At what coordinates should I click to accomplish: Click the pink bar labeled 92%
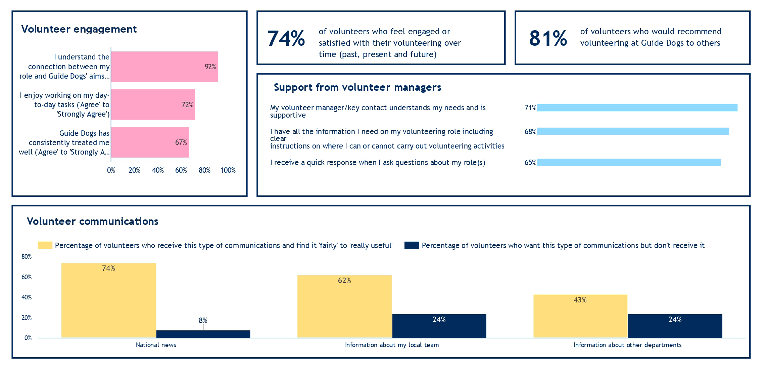click(164, 67)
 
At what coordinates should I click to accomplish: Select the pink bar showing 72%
click(153, 105)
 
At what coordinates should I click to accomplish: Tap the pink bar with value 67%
click(150, 142)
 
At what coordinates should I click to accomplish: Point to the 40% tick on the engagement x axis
click(158, 170)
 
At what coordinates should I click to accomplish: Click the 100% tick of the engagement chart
click(228, 170)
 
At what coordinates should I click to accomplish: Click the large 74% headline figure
click(286, 38)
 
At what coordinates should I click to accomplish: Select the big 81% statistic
click(548, 38)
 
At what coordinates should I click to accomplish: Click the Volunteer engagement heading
click(79, 29)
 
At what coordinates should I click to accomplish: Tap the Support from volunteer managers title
click(357, 87)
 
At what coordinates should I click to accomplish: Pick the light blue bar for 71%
click(637, 108)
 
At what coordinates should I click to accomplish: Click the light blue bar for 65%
click(629, 162)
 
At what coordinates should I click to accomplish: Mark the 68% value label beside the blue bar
click(530, 132)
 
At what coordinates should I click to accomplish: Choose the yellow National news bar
click(108, 300)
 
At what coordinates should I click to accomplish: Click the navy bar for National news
click(203, 334)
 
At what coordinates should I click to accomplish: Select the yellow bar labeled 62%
click(344, 306)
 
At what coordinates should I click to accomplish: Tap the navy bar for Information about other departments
click(675, 326)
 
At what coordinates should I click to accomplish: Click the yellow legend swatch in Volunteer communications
click(45, 245)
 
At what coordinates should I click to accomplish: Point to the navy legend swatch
click(412, 245)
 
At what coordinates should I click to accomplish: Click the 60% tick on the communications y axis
click(27, 277)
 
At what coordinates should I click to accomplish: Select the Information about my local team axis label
click(392, 345)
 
